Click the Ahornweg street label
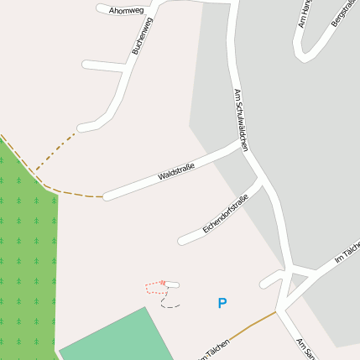click(125, 11)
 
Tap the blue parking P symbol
click(222, 303)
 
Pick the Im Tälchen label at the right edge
click(347, 253)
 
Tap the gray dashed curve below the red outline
click(170, 305)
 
